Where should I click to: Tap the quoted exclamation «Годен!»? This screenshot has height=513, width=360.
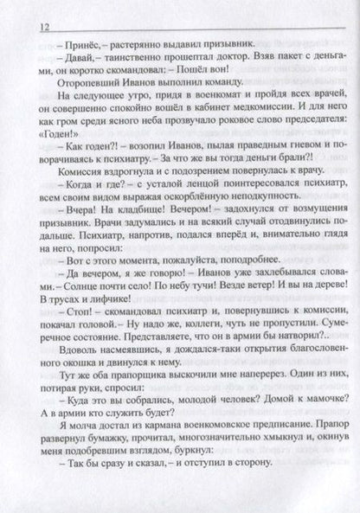tap(58, 164)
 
